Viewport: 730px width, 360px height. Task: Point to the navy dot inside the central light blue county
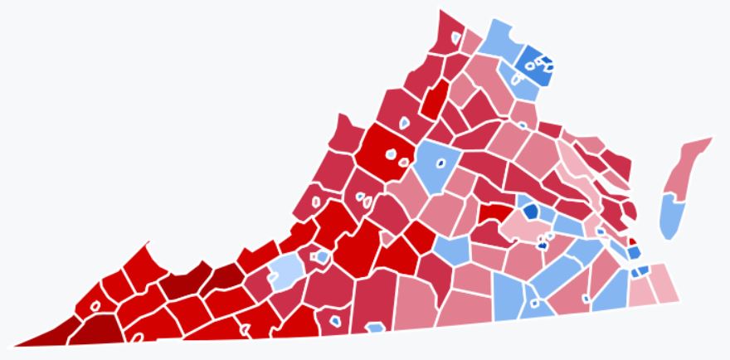point(441,162)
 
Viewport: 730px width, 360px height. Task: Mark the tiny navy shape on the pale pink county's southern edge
point(543,245)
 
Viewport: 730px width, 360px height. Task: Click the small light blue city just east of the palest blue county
point(322,258)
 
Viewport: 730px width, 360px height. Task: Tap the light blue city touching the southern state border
point(334,320)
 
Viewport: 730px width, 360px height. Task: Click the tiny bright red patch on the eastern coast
point(633,241)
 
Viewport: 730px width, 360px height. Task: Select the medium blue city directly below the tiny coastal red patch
point(634,252)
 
